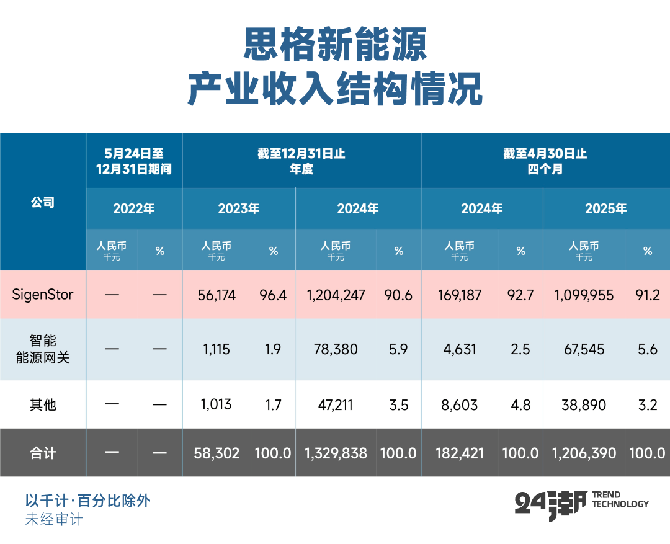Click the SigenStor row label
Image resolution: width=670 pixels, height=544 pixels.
(x=43, y=294)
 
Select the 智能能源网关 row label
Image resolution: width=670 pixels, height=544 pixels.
(x=43, y=349)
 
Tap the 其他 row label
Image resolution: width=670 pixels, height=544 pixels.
(x=43, y=404)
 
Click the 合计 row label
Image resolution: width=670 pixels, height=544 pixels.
(x=43, y=453)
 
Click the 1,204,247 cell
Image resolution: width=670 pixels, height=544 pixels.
(x=336, y=295)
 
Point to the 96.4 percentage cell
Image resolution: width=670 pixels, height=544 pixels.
(x=273, y=295)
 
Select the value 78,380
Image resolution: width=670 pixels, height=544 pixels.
(x=336, y=349)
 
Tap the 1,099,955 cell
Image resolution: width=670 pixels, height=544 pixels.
(x=584, y=295)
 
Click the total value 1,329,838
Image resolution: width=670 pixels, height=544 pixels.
(x=336, y=453)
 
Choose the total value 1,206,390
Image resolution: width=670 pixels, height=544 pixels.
(x=584, y=453)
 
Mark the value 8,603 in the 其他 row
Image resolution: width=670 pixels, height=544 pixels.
(x=460, y=405)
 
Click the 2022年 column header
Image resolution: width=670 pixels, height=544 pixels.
(x=134, y=208)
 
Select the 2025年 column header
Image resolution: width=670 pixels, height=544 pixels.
(x=605, y=208)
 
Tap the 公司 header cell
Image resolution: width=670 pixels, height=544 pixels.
(x=43, y=202)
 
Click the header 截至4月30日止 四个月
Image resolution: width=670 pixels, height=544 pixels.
(x=545, y=161)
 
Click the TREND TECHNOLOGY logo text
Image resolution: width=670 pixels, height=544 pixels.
(x=620, y=499)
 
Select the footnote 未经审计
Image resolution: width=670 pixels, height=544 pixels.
(x=53, y=519)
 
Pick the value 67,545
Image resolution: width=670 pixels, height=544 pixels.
(x=584, y=349)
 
